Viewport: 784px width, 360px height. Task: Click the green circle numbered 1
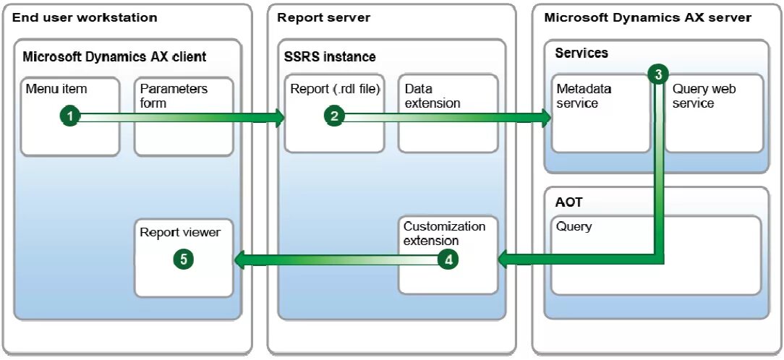70,116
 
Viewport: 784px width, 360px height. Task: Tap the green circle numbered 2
334,116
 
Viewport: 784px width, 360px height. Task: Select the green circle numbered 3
658,74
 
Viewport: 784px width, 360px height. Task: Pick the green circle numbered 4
448,260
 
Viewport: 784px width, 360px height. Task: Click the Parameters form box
184,116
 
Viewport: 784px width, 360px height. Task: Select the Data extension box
448,113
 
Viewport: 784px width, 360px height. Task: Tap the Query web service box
714,113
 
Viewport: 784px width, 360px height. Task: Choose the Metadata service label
584,96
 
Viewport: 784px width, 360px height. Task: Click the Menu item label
56,89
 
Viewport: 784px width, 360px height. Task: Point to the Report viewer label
180,233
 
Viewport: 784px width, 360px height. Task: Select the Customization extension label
445,233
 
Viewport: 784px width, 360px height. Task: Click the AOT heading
569,202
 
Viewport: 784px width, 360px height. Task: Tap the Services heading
581,53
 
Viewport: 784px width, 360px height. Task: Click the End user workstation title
85,18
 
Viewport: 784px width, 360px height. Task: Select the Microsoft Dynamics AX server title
647,18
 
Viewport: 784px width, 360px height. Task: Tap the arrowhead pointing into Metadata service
543,116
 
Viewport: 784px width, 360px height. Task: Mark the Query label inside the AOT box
574,226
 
